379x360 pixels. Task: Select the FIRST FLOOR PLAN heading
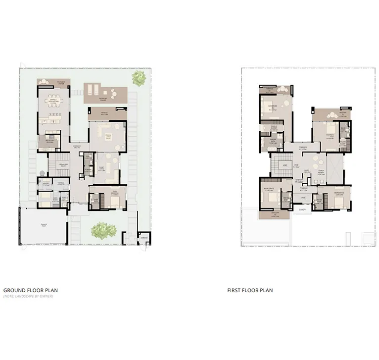pos(250,291)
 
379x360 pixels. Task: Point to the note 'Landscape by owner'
pos(28,296)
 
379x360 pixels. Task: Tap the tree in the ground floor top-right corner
pos(138,76)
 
